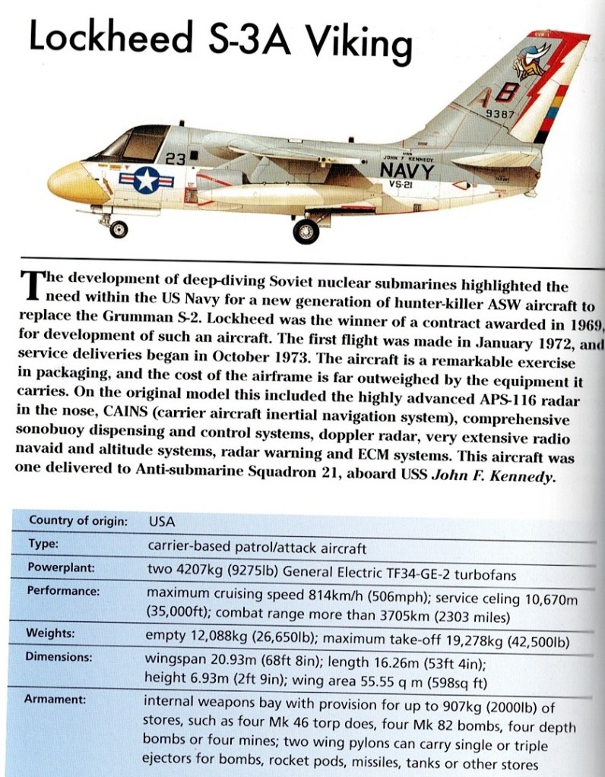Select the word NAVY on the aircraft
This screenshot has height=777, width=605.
click(x=407, y=170)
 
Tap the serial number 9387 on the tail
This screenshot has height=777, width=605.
click(x=500, y=114)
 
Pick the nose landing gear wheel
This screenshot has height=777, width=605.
click(x=119, y=229)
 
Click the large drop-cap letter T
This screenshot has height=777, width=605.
click(x=33, y=286)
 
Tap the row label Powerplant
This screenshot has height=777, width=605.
click(x=62, y=567)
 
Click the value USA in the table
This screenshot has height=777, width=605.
click(x=161, y=522)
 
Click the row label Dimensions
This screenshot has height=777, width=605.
click(x=59, y=657)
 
